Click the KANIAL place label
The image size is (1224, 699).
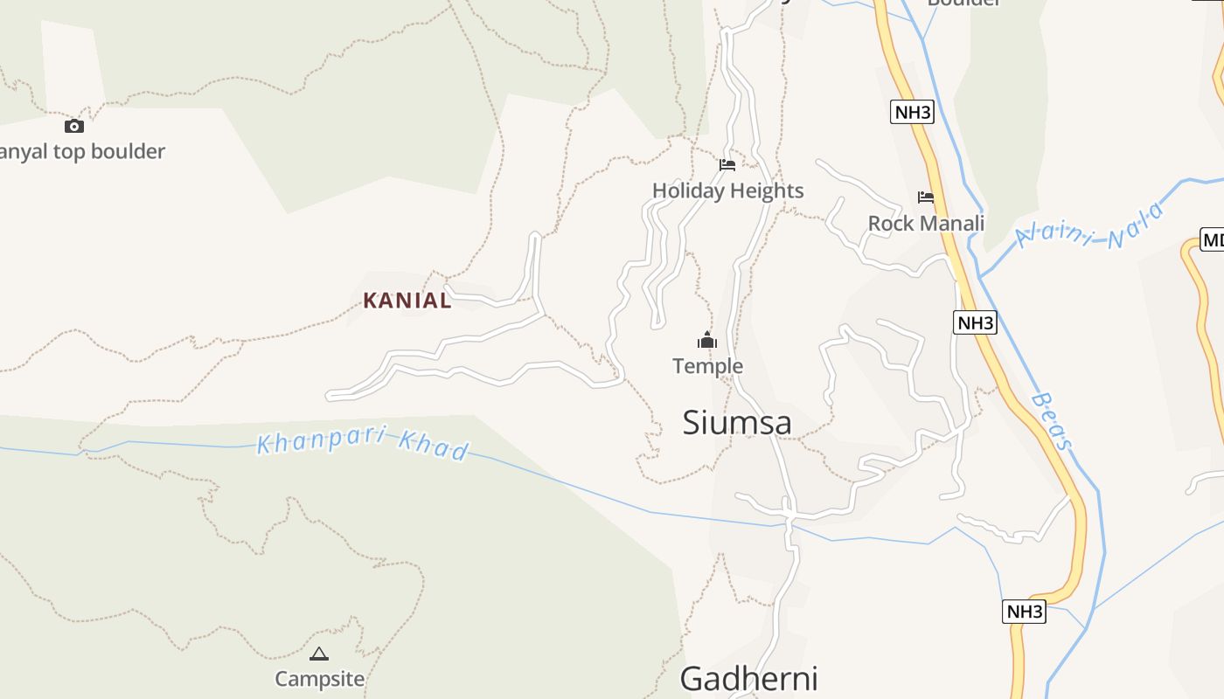point(407,301)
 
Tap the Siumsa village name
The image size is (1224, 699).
point(737,423)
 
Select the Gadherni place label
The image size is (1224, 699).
point(748,679)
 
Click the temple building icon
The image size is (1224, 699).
point(707,341)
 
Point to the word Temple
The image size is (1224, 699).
point(707,366)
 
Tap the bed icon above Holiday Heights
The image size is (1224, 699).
point(727,164)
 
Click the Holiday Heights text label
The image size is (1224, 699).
point(727,190)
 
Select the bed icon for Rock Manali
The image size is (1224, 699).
point(926,197)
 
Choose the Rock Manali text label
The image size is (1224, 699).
point(926,223)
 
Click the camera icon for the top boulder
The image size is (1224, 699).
point(74,126)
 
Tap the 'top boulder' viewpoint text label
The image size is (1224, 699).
point(82,152)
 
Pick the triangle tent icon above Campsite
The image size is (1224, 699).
point(319,654)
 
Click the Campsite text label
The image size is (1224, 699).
point(319,679)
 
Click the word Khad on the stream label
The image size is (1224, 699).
point(434,447)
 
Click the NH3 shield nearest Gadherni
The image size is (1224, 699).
point(1024,612)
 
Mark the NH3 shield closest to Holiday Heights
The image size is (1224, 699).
point(912,112)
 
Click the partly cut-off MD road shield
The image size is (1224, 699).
point(1212,240)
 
